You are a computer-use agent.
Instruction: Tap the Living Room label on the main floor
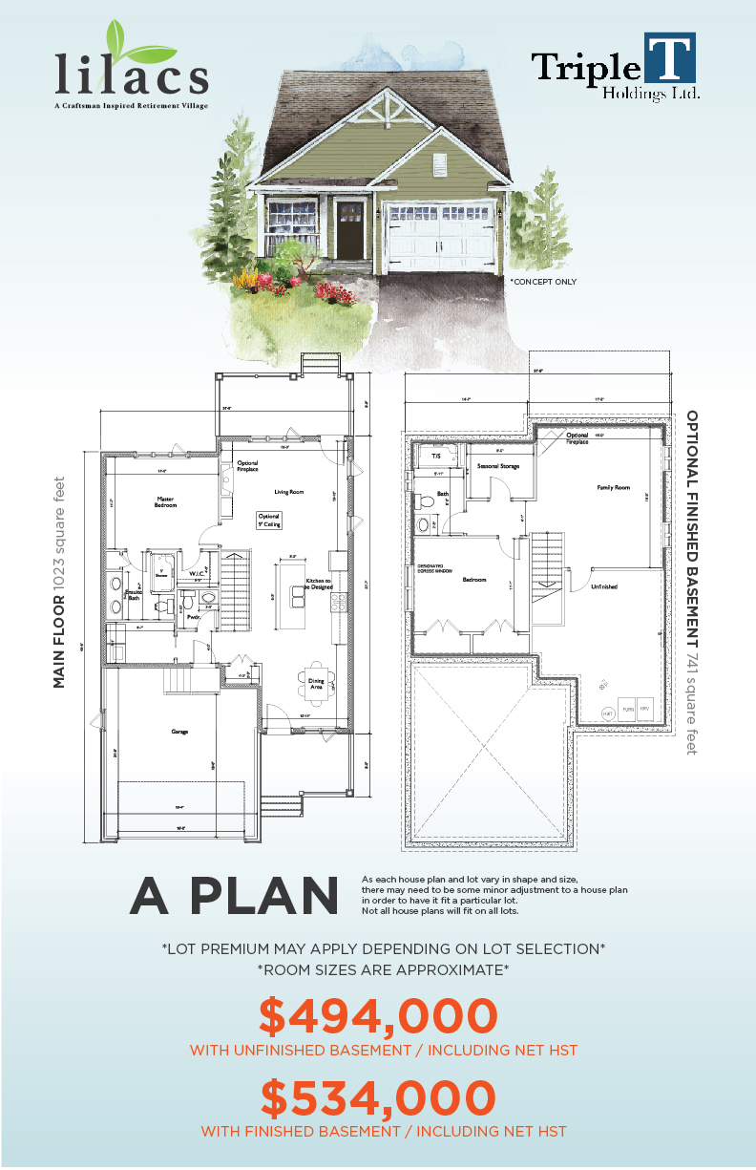288,492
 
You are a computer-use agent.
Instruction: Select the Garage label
180,732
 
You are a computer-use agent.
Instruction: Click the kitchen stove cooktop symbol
338,602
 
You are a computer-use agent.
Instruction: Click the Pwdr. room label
192,617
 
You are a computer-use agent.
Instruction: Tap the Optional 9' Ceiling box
268,520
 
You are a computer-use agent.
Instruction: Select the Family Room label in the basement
614,488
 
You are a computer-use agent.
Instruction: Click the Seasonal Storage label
497,466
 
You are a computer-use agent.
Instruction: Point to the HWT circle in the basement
608,713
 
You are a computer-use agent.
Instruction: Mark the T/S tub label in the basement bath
435,457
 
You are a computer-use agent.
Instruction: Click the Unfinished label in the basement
603,586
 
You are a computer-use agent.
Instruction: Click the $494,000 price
378,1016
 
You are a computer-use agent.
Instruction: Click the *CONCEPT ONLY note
543,282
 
